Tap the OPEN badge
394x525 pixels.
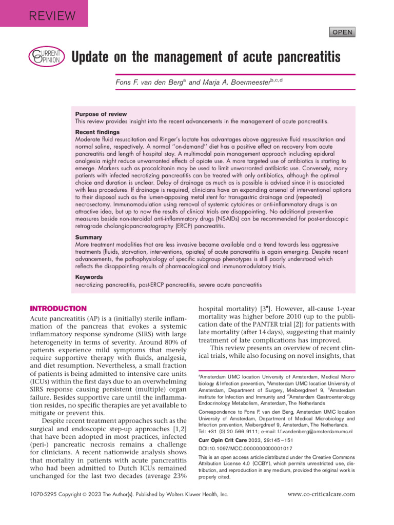(342, 32)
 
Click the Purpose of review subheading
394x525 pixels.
(101, 114)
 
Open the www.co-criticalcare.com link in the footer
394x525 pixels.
(321, 494)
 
